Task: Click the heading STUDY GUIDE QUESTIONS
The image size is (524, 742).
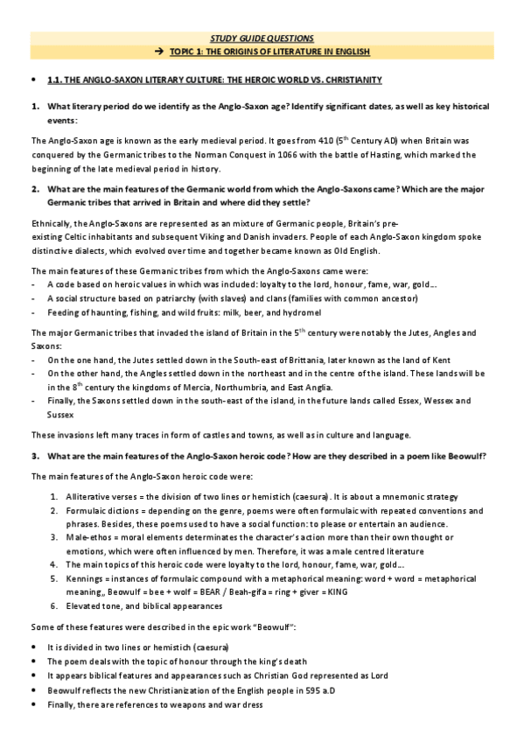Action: pos(262,38)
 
